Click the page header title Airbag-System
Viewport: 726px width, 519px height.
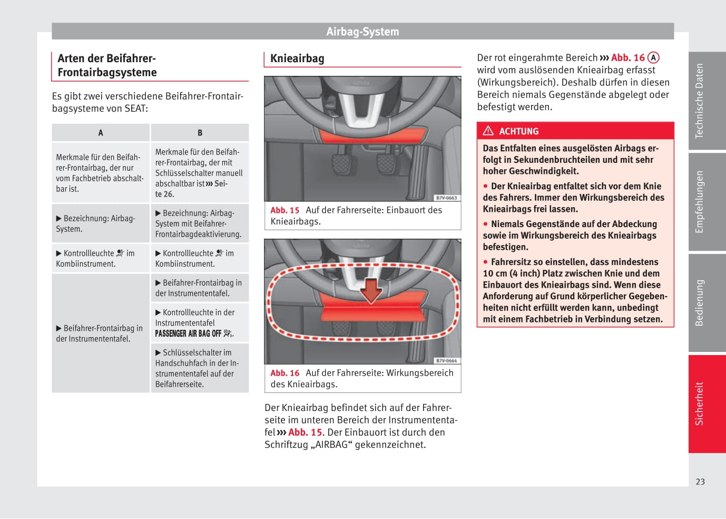click(362, 32)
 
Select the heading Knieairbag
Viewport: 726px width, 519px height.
click(297, 58)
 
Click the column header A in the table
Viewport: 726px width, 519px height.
click(101, 133)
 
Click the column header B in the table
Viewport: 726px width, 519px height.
click(200, 133)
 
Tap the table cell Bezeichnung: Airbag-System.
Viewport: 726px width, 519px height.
click(100, 223)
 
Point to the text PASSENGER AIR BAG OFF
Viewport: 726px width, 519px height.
click(188, 334)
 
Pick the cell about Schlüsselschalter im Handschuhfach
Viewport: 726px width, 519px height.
click(199, 368)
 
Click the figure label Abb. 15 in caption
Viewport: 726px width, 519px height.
click(284, 210)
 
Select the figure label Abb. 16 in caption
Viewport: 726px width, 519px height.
click(284, 373)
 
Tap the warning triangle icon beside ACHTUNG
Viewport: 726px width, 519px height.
click(488, 131)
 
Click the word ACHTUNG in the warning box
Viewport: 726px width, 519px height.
click(519, 132)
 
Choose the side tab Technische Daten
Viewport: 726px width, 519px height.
click(699, 101)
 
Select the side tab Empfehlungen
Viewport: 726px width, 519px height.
click(699, 201)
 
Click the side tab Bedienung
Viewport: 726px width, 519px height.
click(699, 302)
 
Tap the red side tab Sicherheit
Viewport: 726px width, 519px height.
click(699, 404)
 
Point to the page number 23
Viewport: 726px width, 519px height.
click(700, 482)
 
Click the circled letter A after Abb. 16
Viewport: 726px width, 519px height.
click(653, 58)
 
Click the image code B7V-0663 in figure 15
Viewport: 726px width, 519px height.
click(446, 198)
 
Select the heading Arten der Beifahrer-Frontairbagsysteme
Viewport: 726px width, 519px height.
click(107, 65)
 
